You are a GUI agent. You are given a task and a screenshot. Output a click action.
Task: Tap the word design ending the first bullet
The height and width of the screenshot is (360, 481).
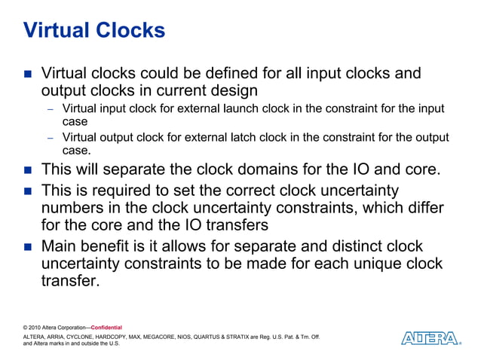click(230, 91)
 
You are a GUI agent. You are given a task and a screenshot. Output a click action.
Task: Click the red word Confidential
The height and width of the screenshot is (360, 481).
click(106, 328)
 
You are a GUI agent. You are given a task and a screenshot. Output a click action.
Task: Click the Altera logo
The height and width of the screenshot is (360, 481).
click(430, 338)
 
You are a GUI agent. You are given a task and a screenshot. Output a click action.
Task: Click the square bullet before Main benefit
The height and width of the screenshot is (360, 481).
click(28, 247)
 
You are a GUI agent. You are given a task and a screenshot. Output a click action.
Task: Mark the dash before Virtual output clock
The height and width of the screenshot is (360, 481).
click(51, 138)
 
